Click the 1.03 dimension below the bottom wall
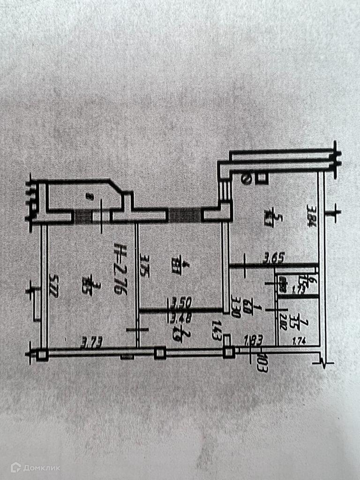pos(262,363)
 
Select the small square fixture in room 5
pos(262,179)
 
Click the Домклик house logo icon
pos(16,467)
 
